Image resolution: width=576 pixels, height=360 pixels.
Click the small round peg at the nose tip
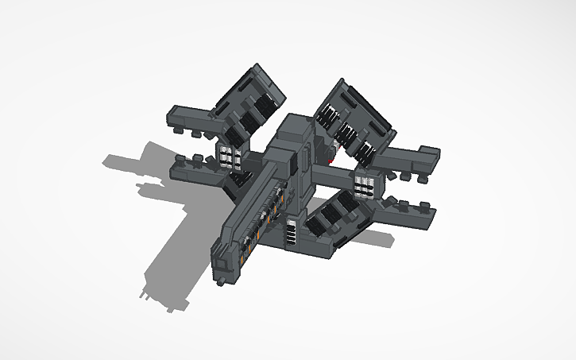tap(218, 282)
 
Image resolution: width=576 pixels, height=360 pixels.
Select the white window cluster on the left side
tap(230, 156)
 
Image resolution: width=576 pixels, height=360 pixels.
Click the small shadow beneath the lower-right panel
tap(361, 238)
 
